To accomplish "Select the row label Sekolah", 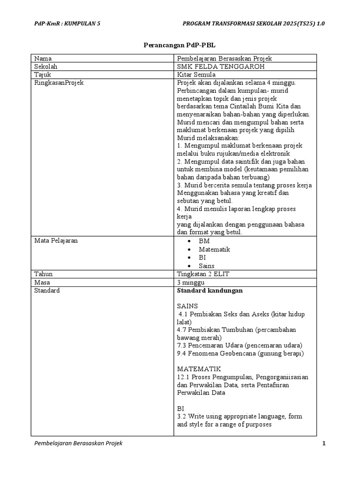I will click(45, 67).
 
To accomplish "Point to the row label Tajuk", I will click(43, 75).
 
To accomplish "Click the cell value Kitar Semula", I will click(196, 75).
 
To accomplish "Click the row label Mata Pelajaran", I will click(56, 240).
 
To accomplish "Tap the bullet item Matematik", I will click(214, 249).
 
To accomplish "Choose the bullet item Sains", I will click(206, 266).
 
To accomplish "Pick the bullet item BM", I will click(204, 241).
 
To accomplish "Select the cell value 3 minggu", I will click(192, 282).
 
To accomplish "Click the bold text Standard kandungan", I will click(210, 291).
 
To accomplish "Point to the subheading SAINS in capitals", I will click(187, 306).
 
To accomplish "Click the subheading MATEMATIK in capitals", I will click(199, 369).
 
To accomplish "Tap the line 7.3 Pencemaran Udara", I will click(240, 345).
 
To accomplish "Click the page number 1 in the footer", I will click(323, 443).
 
